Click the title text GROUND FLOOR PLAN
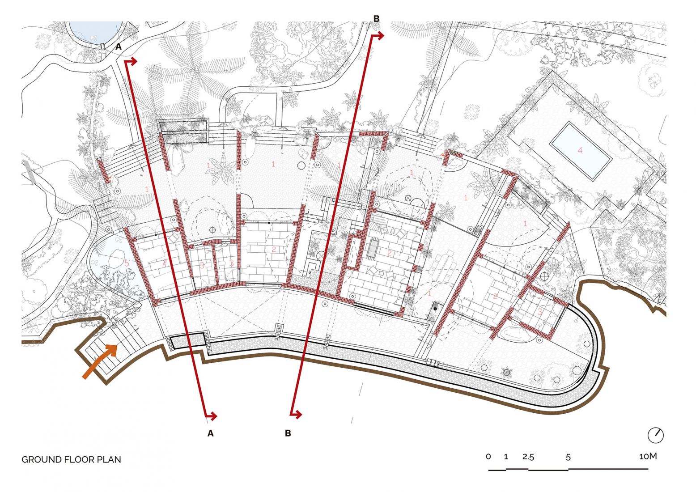[x=71, y=460]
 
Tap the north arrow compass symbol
[x=656, y=435]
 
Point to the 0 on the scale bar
[x=488, y=457]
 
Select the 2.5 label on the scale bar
[x=528, y=457]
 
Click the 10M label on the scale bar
[x=648, y=456]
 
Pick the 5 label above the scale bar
[x=568, y=457]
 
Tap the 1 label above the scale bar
[x=506, y=457]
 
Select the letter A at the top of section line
[x=119, y=47]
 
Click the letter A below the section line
[x=210, y=433]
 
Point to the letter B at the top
[x=376, y=19]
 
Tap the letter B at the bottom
[x=288, y=433]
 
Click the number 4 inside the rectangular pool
[x=580, y=150]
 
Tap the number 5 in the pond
[x=127, y=263]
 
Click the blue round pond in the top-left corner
[x=95, y=32]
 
